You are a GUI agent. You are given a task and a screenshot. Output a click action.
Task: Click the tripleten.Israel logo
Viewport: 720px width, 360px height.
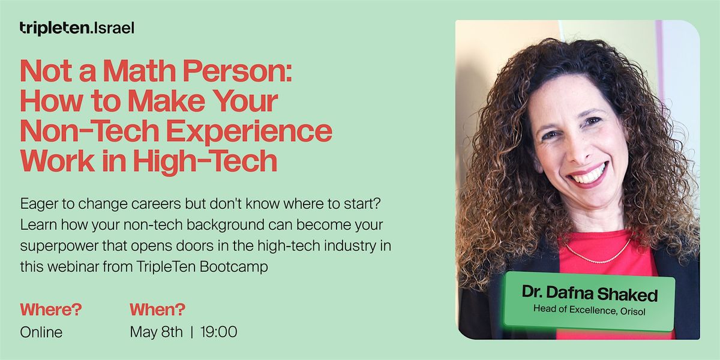(x=76, y=28)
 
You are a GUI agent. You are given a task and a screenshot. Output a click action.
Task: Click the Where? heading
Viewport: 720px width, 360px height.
(x=50, y=310)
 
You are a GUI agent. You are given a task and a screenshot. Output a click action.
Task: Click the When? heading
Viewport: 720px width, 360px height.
(x=157, y=310)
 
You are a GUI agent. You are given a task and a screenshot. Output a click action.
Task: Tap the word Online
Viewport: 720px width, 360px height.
(x=41, y=332)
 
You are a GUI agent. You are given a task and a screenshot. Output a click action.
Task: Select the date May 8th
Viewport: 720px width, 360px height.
(x=156, y=332)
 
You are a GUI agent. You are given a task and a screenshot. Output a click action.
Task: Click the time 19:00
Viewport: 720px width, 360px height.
(x=219, y=332)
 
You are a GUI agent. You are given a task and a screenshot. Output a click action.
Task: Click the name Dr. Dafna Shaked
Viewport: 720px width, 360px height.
(x=589, y=294)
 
